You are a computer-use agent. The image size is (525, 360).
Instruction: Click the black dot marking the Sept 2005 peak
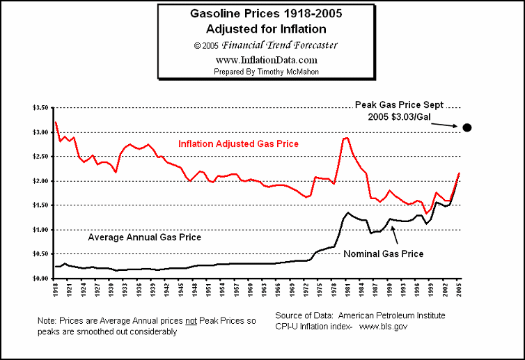tap(467, 127)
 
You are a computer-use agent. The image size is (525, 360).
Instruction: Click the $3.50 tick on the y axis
tap(42, 108)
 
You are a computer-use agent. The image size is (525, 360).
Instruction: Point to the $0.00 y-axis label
tap(42, 279)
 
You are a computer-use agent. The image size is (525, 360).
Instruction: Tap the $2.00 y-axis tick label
tap(42, 181)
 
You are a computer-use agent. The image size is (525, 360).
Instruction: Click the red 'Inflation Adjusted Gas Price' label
tap(238, 144)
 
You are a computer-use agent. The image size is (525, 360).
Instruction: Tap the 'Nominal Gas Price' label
tap(384, 253)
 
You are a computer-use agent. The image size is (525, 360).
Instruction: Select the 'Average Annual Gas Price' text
tap(144, 237)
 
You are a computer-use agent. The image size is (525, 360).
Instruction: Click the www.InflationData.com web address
tap(265, 60)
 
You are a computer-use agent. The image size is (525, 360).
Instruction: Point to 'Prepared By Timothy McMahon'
tap(265, 71)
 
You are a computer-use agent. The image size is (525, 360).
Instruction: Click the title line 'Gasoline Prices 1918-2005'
tap(265, 13)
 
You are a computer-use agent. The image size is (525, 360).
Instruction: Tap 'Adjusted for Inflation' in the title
tap(265, 29)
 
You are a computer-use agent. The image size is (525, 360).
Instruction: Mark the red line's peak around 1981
tap(345, 138)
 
